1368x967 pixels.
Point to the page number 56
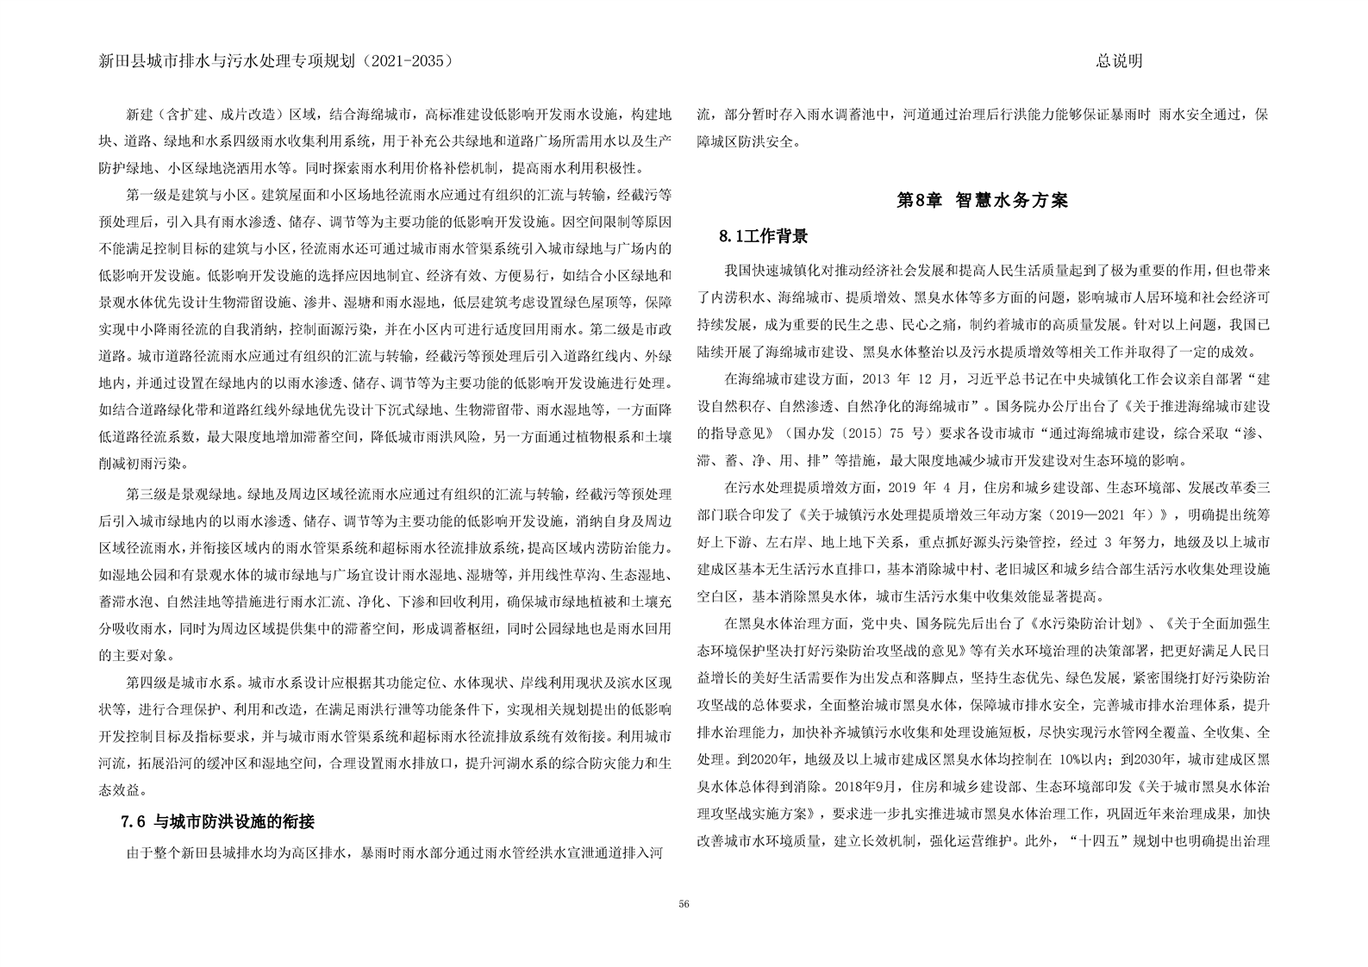[x=684, y=903]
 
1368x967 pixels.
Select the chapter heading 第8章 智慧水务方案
[x=982, y=200]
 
